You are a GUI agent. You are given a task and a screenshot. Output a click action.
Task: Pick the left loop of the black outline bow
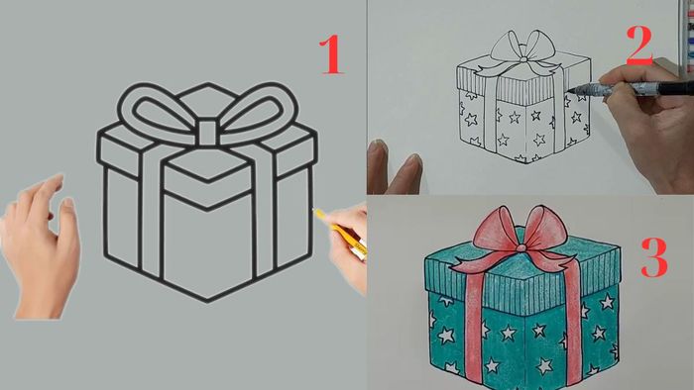click(x=154, y=108)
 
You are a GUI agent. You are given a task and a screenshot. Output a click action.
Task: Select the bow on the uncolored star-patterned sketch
click(x=521, y=49)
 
